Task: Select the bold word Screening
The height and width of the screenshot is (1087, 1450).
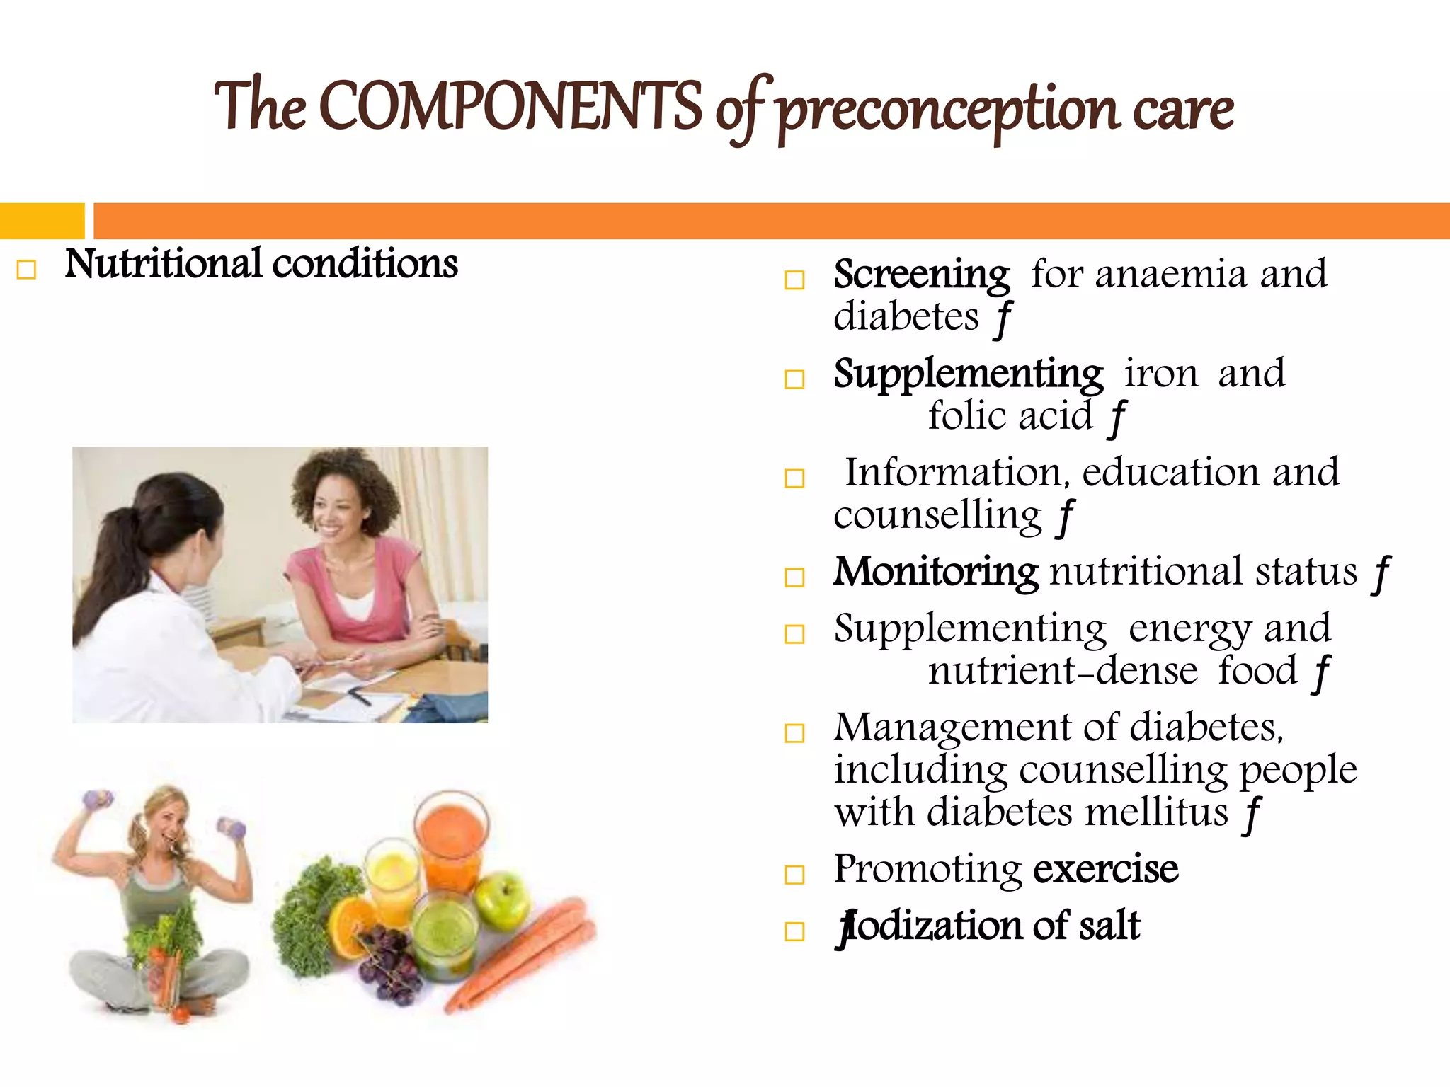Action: (x=921, y=275)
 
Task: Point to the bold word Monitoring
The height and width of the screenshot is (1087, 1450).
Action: (x=935, y=572)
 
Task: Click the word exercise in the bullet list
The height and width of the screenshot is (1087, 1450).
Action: (x=1105, y=869)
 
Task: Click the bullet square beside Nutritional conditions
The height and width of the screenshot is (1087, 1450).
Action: (x=26, y=270)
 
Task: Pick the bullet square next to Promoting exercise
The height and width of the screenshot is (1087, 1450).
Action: (x=794, y=875)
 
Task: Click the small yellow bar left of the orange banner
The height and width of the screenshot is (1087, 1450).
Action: (x=42, y=221)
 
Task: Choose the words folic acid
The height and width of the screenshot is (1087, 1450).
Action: (x=1010, y=416)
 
